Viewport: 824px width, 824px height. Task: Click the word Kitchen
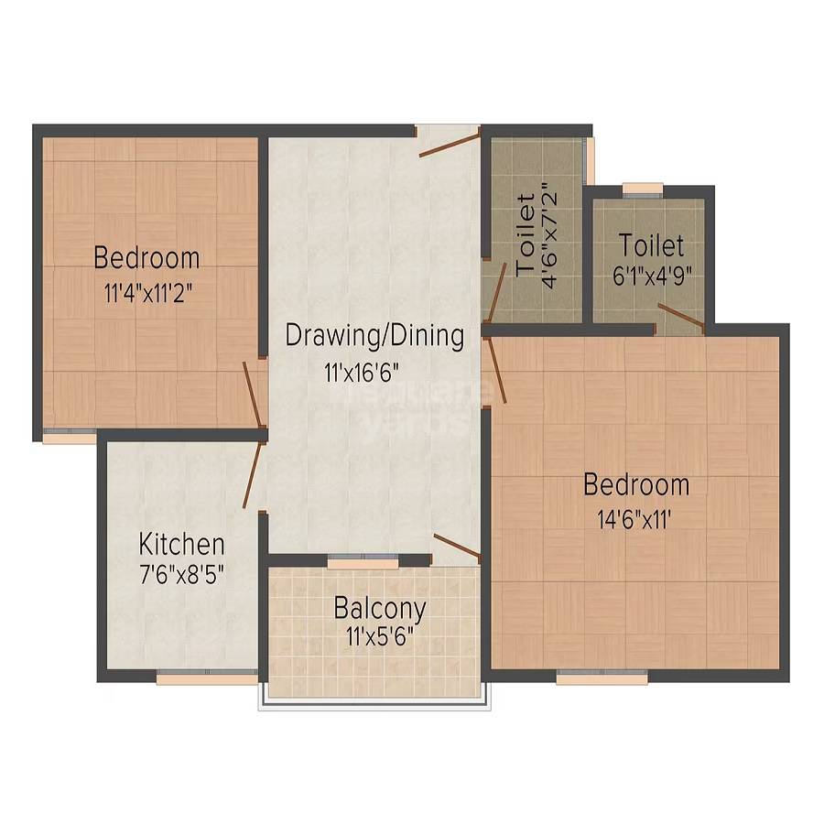click(181, 545)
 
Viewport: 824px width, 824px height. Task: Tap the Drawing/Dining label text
click(374, 335)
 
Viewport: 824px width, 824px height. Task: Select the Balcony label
click(380, 608)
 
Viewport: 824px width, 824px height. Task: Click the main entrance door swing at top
click(450, 144)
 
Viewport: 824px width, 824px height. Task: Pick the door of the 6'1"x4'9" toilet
click(680, 317)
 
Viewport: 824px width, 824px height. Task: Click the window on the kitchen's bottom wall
click(206, 678)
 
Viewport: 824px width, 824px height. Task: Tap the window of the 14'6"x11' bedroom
click(602, 678)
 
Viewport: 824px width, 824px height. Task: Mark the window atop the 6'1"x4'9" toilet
click(643, 190)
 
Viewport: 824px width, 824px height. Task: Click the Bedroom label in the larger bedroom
click(636, 484)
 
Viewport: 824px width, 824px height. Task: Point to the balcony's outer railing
click(376, 705)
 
